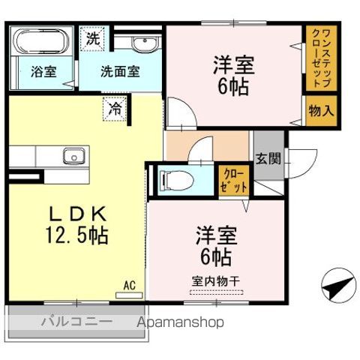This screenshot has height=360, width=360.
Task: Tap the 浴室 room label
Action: [x=43, y=73]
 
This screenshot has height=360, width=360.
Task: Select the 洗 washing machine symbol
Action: [x=92, y=37]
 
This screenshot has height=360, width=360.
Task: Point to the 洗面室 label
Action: [x=120, y=73]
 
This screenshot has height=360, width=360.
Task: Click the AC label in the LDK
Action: [x=129, y=284]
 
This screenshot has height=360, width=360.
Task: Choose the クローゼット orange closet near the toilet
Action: [x=233, y=180]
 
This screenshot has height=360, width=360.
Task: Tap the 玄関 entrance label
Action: [x=268, y=159]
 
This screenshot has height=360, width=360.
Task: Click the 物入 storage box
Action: [x=321, y=109]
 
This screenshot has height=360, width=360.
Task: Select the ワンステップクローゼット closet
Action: [x=320, y=58]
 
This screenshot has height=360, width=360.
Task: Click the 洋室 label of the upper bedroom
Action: [x=234, y=64]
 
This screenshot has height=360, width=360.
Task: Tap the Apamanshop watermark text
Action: [x=180, y=322]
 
